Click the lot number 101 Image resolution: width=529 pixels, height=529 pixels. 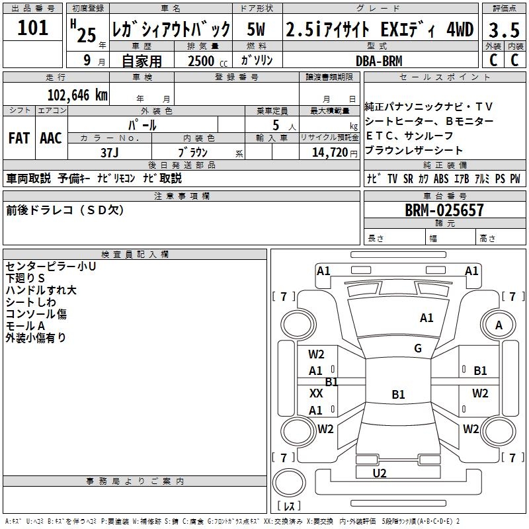33,28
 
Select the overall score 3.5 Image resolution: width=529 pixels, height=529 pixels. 504,30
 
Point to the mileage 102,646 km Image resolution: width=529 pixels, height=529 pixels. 77,95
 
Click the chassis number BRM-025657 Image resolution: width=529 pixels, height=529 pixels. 444,211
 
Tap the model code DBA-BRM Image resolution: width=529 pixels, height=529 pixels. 379,61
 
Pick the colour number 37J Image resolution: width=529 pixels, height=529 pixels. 110,152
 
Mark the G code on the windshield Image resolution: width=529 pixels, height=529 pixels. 418,348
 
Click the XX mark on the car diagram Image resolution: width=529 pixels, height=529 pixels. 316,393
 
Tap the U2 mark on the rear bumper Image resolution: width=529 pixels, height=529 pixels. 380,473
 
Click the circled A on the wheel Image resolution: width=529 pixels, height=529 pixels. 499,325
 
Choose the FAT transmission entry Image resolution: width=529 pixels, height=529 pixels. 19,138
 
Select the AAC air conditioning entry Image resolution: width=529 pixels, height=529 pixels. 51,138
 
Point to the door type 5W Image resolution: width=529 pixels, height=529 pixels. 257,30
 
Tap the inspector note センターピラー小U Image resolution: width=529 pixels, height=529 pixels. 51,266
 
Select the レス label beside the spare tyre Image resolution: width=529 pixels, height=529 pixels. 289,507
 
